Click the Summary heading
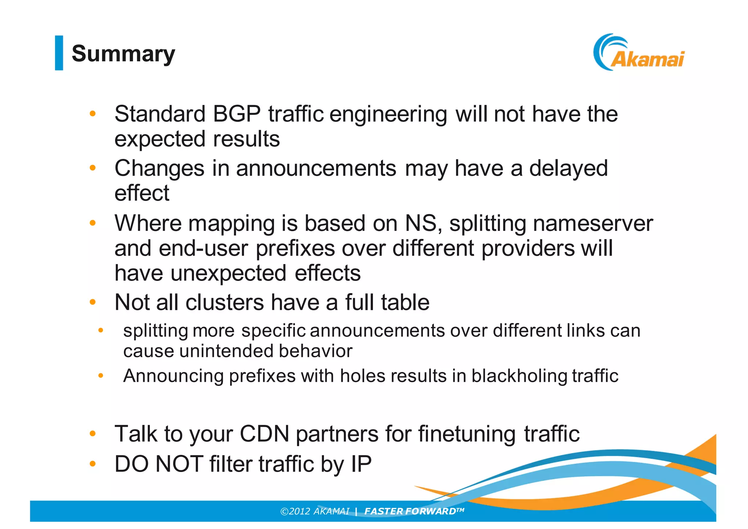coord(123,54)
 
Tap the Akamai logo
coord(639,53)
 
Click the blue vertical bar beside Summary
coord(59,53)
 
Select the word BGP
coord(237,114)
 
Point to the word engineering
coord(388,115)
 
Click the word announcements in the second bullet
coord(316,169)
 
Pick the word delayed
coord(568,169)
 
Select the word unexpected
coord(228,274)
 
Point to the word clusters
coord(225,302)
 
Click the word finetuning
coord(467,434)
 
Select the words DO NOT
coord(159,464)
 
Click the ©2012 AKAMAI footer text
coord(314,511)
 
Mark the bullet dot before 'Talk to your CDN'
coord(93,434)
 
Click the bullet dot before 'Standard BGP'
coord(93,114)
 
